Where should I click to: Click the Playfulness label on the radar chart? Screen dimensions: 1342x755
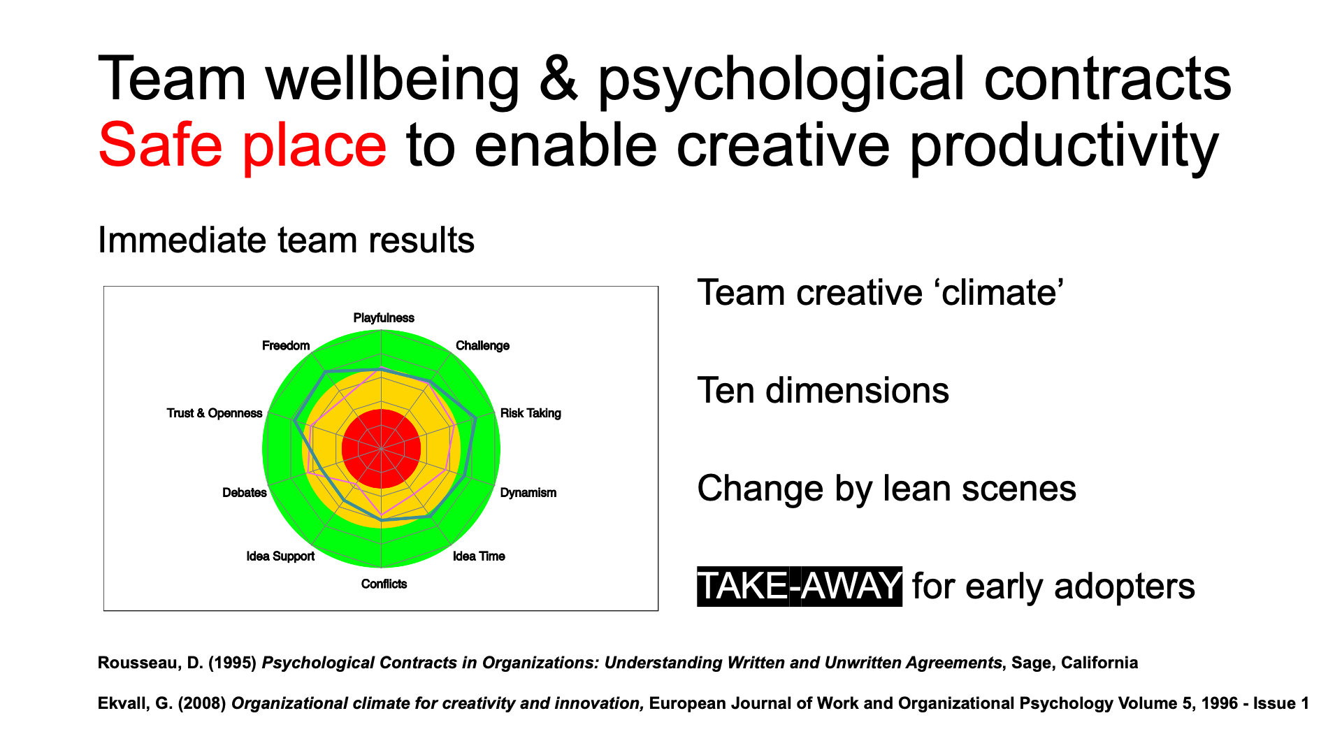tap(384, 318)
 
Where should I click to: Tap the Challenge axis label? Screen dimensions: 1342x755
tap(482, 346)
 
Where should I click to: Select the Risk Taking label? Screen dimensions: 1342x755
tap(531, 413)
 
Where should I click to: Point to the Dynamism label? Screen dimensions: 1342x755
tap(528, 493)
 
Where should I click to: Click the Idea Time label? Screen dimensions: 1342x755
tap(479, 556)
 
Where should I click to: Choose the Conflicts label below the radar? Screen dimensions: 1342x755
tap(384, 584)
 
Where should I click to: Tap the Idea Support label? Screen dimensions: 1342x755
tap(280, 556)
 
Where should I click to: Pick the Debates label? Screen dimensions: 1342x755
tap(245, 493)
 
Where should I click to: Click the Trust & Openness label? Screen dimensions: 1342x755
tap(215, 413)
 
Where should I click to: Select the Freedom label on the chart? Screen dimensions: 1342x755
tap(286, 346)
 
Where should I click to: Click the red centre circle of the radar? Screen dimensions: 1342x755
tap(381, 449)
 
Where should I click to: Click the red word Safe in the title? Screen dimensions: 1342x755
tap(161, 145)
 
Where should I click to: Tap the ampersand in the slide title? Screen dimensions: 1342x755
tap(558, 80)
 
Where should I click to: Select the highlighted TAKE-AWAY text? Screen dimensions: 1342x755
tap(800, 586)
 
